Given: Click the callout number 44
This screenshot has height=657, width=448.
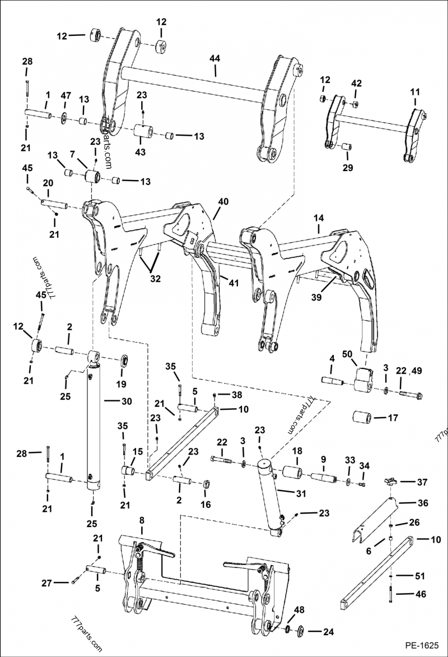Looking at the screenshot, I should pyautogui.click(x=215, y=58).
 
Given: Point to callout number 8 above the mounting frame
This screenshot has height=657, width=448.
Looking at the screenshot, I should pyautogui.click(x=142, y=520).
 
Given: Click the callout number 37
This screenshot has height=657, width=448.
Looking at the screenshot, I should pyautogui.click(x=422, y=482).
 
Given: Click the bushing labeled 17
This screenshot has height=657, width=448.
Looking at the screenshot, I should pyautogui.click(x=362, y=418).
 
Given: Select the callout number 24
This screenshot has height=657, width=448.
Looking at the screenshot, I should pyautogui.click(x=328, y=632).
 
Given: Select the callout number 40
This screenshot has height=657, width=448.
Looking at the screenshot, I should pyautogui.click(x=223, y=201).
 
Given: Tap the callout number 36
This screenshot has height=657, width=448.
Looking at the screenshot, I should pyautogui.click(x=422, y=503).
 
